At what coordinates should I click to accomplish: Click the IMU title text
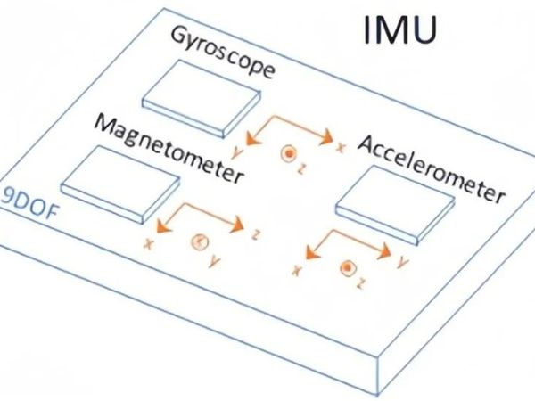(399, 29)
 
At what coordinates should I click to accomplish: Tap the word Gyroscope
(222, 53)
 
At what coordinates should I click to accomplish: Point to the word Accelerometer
(432, 169)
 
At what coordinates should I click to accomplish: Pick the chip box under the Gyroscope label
(202, 99)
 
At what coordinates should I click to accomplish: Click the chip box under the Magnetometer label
(120, 184)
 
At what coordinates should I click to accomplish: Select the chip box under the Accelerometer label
(395, 205)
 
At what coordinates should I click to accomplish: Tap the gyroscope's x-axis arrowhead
(326, 137)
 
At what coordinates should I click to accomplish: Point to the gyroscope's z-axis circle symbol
(289, 153)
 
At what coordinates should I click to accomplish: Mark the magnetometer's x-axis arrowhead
(163, 226)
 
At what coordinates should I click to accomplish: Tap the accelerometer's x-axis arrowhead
(311, 253)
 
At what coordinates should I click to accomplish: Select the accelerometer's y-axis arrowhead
(384, 251)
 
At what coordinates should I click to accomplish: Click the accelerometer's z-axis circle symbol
(348, 267)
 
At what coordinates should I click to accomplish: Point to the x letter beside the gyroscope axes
(341, 147)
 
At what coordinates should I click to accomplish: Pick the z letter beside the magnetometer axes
(255, 234)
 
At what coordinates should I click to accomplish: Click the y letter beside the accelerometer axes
(403, 263)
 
